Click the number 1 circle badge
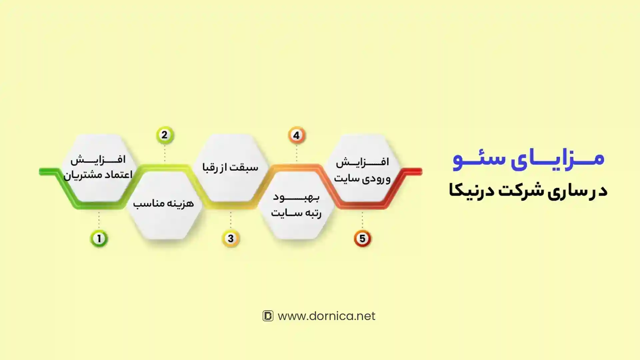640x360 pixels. tap(99, 238)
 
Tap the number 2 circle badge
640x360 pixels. tap(165, 135)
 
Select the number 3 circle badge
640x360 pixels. tap(231, 238)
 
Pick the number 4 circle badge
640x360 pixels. tap(297, 135)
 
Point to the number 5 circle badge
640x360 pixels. tap(362, 238)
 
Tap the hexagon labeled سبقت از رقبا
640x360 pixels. tap(230, 168)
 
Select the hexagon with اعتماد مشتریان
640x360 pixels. tap(99, 168)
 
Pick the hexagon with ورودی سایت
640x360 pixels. tap(362, 168)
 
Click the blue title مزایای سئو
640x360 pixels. tap(529, 159)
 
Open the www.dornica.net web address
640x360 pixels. tap(326, 316)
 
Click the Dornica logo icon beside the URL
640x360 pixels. tap(268, 316)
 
